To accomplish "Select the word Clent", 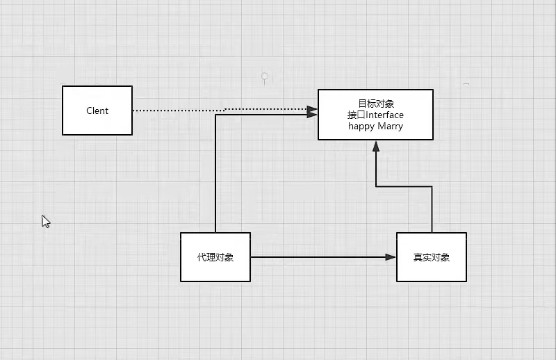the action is [x=97, y=111].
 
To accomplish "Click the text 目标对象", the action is [x=376, y=104].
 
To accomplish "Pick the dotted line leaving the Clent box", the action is [x=181, y=111].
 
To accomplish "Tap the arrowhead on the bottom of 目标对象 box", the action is [x=376, y=145].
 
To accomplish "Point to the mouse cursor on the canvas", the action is [x=45, y=221].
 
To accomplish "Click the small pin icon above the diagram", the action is [x=264, y=76].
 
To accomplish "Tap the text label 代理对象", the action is [x=215, y=257].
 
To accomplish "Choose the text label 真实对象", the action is [x=432, y=257].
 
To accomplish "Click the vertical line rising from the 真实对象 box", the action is [x=432, y=208].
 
